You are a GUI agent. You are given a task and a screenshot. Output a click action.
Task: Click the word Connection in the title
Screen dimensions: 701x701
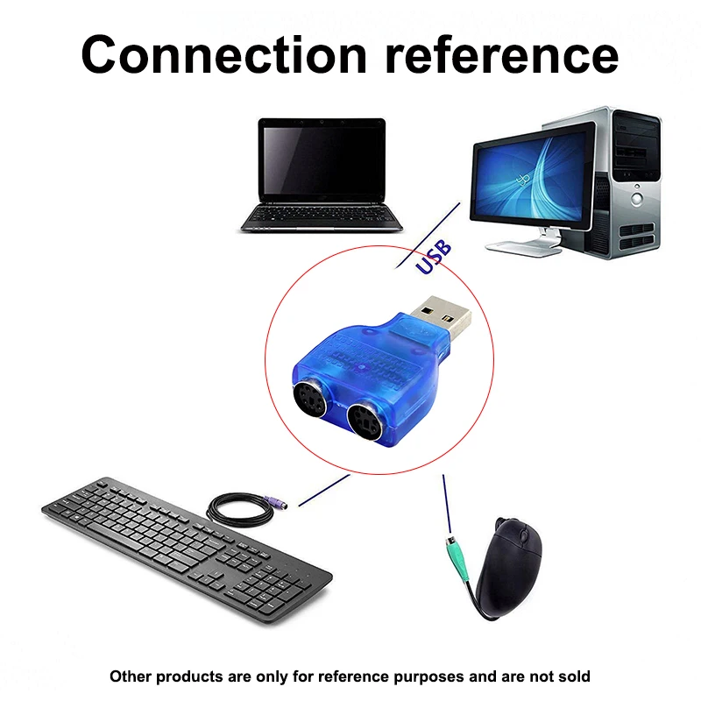click(223, 54)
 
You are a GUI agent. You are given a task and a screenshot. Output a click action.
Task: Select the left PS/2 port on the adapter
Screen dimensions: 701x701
click(311, 400)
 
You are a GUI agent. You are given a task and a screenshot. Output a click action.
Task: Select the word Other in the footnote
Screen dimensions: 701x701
click(129, 676)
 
